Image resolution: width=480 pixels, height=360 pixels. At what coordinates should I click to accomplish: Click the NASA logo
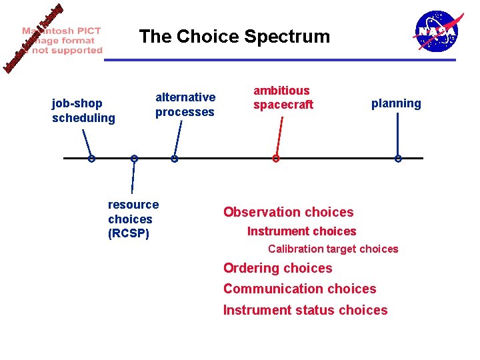point(437,31)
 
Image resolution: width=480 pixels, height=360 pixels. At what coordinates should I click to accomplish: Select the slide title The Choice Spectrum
point(234,37)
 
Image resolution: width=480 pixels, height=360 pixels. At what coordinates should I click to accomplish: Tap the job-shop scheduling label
point(83,111)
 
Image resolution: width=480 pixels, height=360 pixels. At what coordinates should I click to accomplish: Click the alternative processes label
point(185,105)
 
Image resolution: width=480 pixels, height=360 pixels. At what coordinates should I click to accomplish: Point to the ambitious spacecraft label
point(283,97)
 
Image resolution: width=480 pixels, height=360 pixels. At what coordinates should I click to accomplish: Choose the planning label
point(396,103)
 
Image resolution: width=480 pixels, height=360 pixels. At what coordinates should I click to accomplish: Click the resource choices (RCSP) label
point(133,219)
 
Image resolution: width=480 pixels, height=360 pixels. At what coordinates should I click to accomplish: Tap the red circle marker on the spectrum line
point(275,159)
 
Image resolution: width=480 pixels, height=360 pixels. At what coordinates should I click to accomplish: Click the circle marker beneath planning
point(398,159)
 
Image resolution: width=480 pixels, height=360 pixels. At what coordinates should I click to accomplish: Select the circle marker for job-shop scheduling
point(91,159)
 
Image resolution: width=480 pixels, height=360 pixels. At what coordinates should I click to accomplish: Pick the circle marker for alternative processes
point(174,159)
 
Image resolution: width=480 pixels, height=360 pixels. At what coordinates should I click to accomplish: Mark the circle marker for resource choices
point(134,159)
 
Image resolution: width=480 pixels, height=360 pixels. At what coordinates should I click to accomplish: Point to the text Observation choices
point(288,212)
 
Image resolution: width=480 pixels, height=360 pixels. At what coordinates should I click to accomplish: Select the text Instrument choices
point(301,231)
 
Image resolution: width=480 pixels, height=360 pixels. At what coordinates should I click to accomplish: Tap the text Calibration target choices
point(333,249)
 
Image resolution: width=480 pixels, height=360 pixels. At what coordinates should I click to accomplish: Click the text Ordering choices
point(277,268)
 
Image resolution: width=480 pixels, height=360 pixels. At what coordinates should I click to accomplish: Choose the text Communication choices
point(299,289)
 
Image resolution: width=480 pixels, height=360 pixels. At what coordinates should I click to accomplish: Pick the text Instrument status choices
point(305,310)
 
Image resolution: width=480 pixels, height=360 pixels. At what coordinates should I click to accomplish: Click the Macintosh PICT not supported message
point(62,40)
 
